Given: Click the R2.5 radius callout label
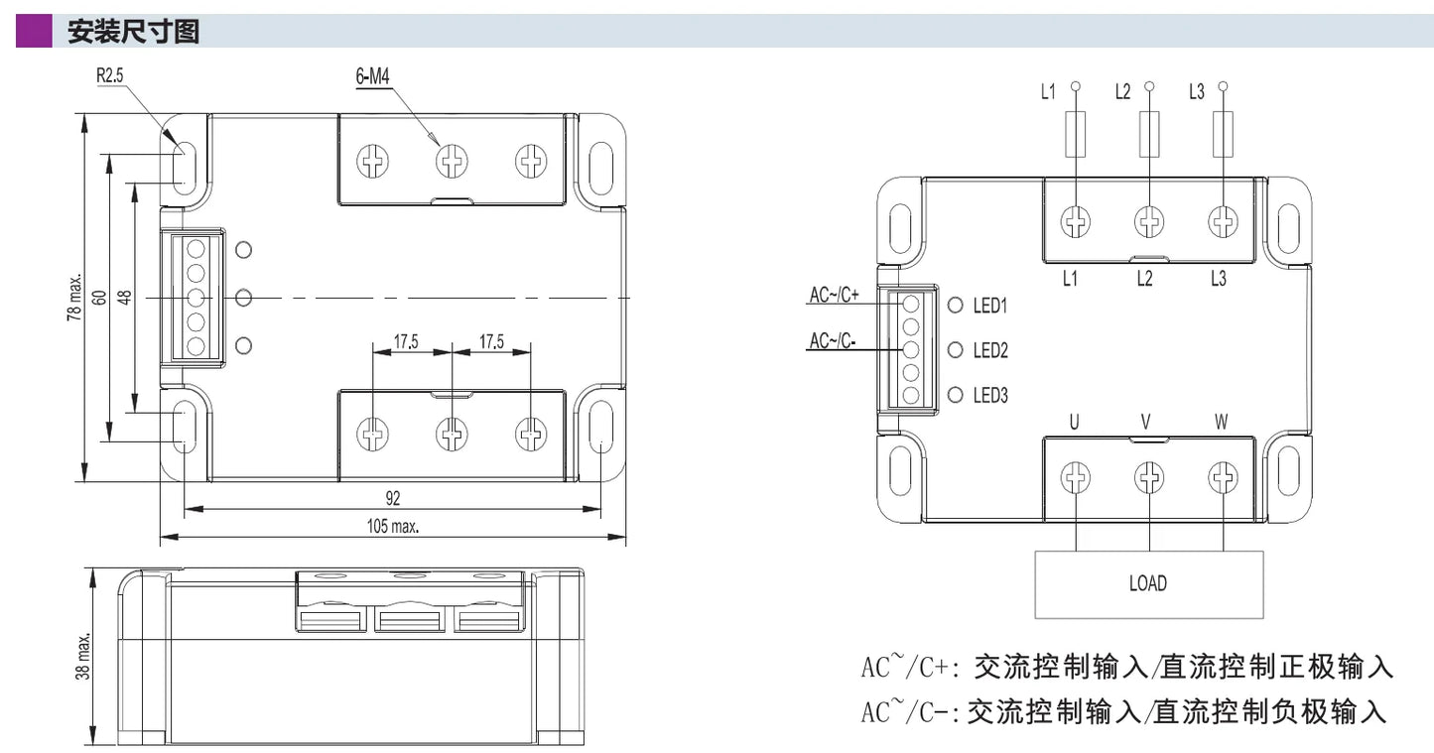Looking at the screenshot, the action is coord(109,75).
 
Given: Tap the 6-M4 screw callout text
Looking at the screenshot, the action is coord(372,76).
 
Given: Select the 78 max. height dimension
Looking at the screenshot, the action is coord(74,298).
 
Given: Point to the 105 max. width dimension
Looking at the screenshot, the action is coord(392,527).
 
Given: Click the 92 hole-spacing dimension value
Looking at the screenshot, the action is coord(392,498).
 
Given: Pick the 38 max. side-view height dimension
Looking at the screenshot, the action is coord(82,657).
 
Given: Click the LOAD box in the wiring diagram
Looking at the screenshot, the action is coord(1149,584).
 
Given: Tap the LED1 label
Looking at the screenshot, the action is coord(990,306).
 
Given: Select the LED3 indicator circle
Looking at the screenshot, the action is coord(955,395).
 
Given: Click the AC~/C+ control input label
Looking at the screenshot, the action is coord(835,295).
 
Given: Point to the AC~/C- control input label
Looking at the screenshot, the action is coord(833,340).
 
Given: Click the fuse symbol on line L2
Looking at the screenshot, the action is coord(1149,134).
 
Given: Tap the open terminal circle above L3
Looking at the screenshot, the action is coord(1223,85).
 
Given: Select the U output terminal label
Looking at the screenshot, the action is coord(1074,423).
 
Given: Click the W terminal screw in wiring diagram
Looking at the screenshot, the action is coord(1223,477).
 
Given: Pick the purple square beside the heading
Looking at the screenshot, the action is coord(34,31).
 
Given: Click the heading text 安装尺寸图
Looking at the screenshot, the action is coord(133,32).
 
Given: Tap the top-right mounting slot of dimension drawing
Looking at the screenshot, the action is coord(600,169).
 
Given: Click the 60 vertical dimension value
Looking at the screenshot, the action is coord(99,298).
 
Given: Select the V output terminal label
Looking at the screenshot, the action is coord(1146,423).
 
